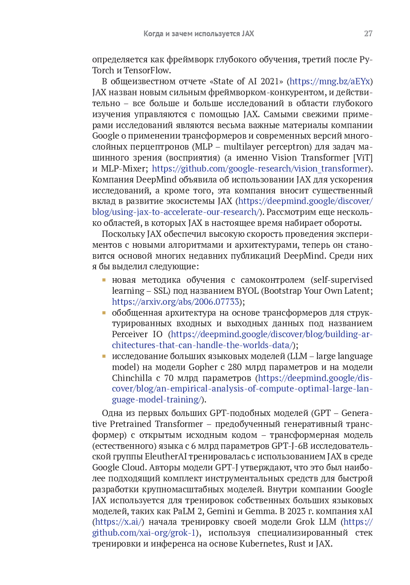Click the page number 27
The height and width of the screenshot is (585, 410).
tap(368, 34)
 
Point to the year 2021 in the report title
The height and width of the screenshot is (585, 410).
tap(270, 81)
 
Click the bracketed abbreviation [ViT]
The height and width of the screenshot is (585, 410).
tap(362, 158)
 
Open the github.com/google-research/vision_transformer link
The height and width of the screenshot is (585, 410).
tap(260, 169)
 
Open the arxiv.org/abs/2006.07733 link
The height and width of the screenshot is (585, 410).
tap(176, 302)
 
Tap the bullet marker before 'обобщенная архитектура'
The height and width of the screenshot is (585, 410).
tap(104, 313)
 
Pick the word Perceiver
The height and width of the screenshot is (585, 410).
tap(130, 334)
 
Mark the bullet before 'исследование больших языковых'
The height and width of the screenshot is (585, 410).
tap(104, 356)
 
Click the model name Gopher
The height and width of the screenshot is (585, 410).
tap(203, 367)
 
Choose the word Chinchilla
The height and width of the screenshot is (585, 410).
tap(132, 378)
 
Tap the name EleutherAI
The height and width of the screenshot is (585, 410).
tap(166, 456)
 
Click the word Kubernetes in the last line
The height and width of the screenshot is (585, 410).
tap(262, 544)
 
